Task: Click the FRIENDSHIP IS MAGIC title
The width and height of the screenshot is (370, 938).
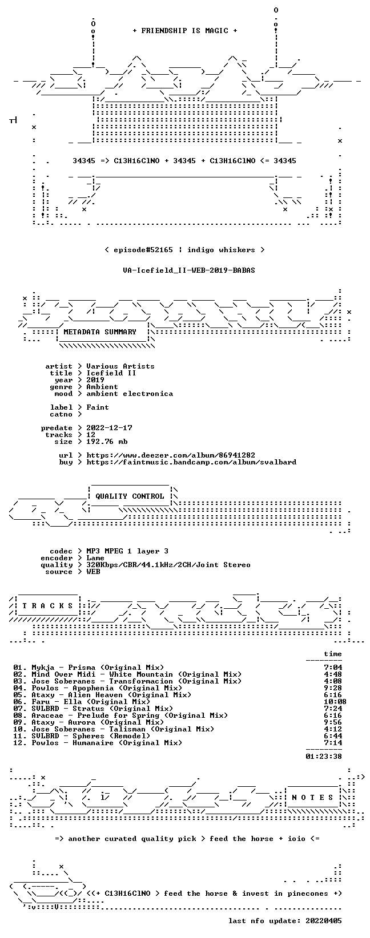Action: (185, 31)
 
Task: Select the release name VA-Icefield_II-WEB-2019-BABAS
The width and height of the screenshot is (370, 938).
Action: (189, 270)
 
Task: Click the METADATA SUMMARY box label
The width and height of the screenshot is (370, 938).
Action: (100, 332)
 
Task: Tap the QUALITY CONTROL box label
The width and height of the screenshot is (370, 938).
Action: (130, 496)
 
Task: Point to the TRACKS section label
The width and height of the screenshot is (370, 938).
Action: (47, 606)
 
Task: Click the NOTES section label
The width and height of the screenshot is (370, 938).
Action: (312, 798)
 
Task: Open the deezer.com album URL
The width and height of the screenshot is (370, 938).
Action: (171, 455)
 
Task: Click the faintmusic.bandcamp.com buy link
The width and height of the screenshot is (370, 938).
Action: (191, 462)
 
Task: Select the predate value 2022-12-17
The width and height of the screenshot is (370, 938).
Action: (109, 428)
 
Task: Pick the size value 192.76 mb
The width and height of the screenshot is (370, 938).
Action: (107, 442)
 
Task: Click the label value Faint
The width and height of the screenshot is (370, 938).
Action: (97, 407)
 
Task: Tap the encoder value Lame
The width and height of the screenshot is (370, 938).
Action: (95, 558)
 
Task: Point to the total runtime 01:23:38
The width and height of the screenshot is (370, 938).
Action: (324, 756)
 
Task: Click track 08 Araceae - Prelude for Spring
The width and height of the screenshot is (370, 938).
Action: (120, 715)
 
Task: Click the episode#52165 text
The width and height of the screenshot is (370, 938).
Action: (143, 250)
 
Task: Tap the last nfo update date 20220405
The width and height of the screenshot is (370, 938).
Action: (324, 921)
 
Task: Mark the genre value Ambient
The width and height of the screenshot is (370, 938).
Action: (102, 387)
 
